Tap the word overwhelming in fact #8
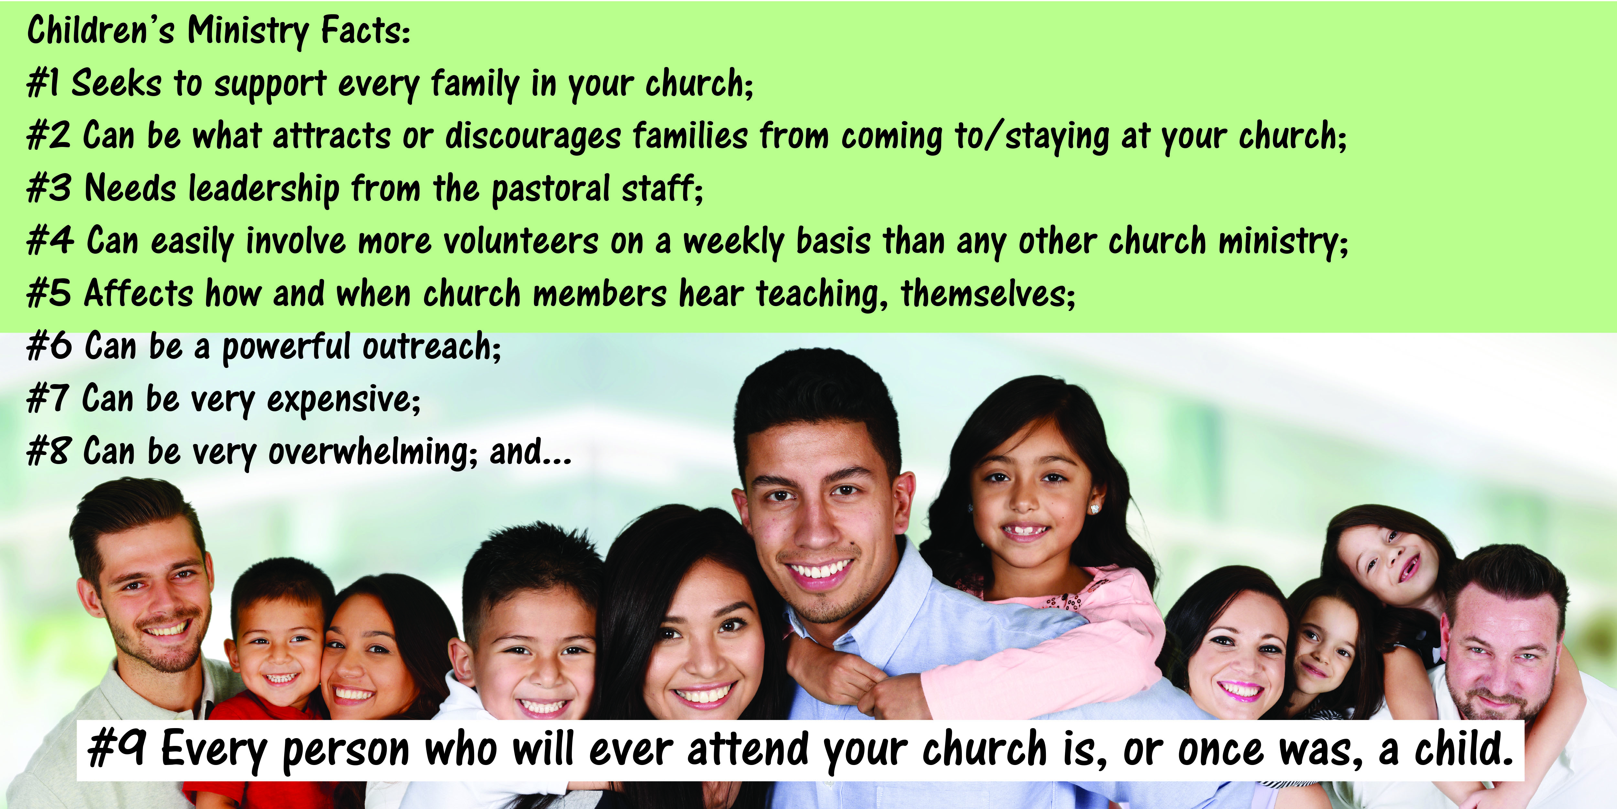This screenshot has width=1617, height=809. coord(373,452)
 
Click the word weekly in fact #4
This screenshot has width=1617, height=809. coord(733,241)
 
